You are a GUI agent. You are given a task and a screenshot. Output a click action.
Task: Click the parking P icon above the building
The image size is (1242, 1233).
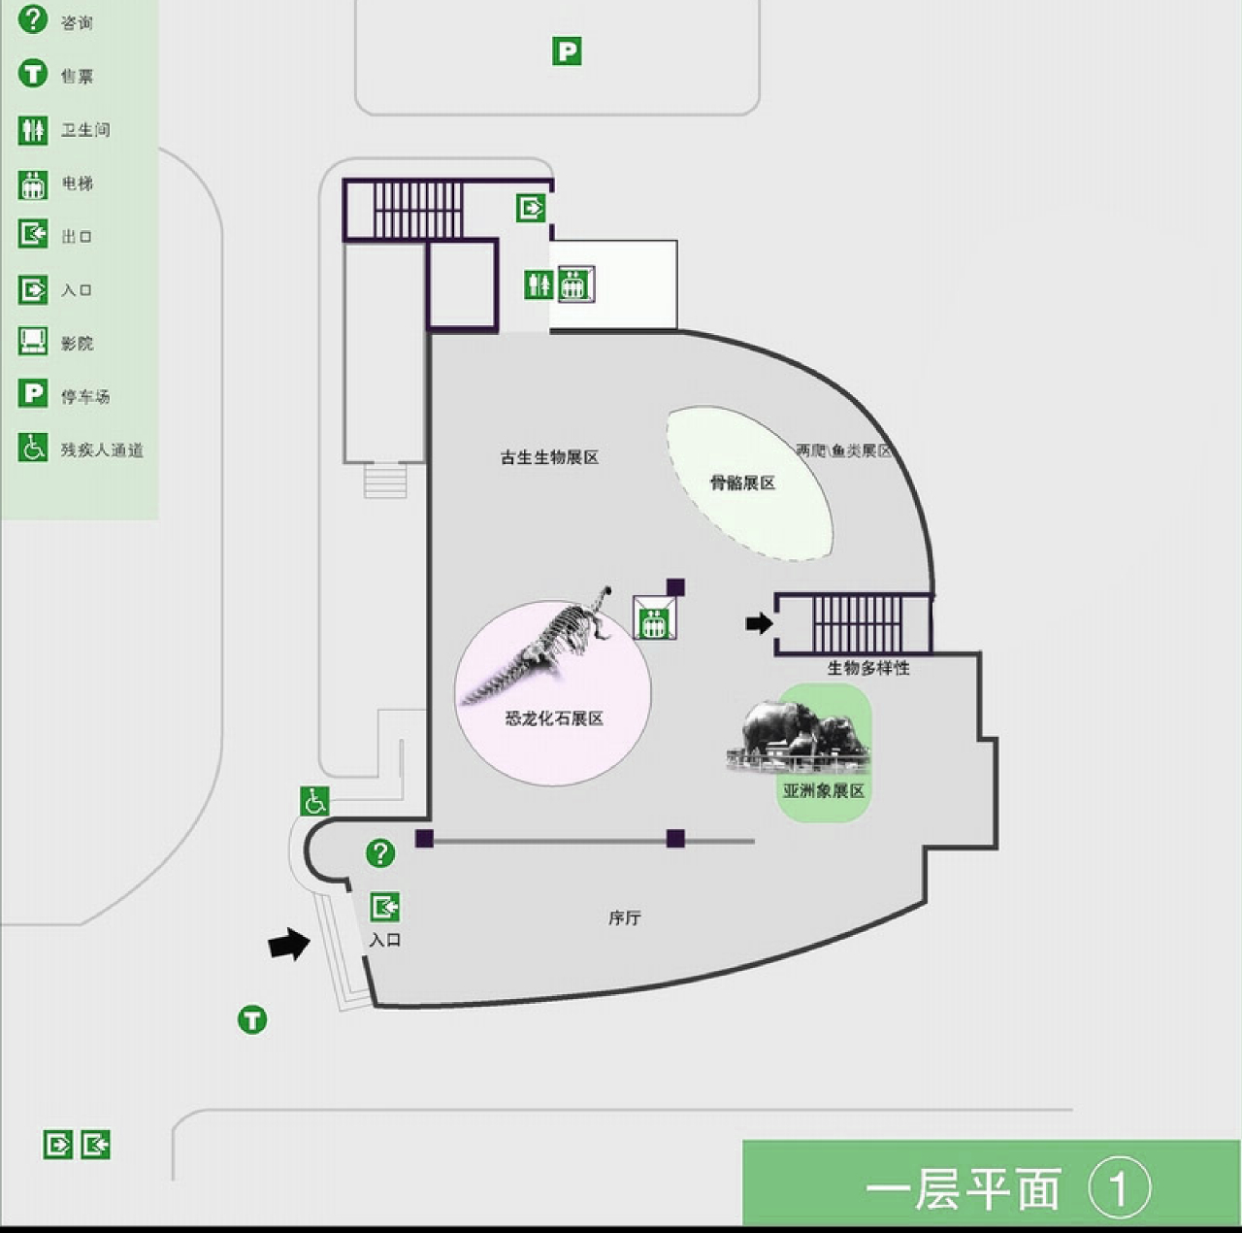(x=567, y=50)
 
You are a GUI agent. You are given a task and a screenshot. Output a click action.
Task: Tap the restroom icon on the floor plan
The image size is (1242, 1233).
(x=539, y=284)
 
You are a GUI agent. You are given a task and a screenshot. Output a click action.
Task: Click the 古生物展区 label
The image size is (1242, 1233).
(x=549, y=457)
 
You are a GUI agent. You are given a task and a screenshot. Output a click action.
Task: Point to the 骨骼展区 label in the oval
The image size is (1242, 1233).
(x=743, y=483)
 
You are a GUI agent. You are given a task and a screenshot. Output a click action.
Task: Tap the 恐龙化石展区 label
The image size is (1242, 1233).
(x=554, y=718)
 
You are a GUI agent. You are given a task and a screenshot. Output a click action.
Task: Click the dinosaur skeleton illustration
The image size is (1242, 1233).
(x=543, y=646)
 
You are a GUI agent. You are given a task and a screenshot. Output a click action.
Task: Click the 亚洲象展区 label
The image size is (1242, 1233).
(x=824, y=791)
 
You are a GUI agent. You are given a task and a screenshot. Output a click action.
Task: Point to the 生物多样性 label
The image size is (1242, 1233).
(x=868, y=668)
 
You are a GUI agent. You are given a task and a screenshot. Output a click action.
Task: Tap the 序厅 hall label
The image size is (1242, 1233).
(x=625, y=917)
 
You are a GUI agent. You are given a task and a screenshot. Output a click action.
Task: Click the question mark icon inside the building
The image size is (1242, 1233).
(x=380, y=853)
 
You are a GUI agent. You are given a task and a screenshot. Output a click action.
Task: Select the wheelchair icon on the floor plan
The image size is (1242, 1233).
(x=314, y=802)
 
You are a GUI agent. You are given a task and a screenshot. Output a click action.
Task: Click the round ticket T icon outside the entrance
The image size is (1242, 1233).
(x=252, y=1019)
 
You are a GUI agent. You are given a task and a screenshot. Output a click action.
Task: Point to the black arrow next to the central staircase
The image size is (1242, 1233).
(x=759, y=622)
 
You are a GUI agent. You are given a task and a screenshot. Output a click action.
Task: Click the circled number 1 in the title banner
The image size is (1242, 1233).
(x=1119, y=1187)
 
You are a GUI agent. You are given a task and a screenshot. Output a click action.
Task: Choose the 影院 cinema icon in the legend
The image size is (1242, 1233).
(x=33, y=342)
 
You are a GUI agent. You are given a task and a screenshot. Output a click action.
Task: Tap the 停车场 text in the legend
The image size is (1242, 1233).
(x=85, y=396)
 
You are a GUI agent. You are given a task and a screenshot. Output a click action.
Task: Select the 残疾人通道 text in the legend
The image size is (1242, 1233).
(x=102, y=450)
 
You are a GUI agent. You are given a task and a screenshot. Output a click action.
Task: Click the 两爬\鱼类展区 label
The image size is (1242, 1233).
(x=843, y=450)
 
